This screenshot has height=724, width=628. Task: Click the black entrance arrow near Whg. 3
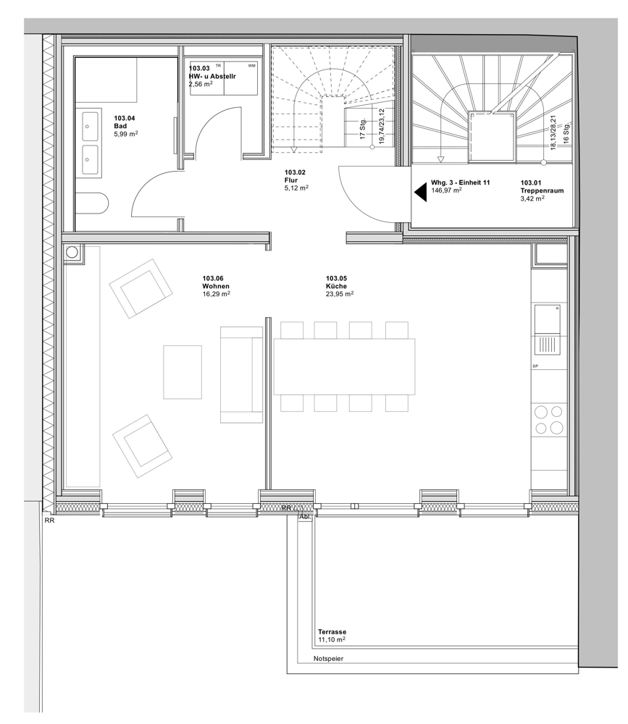(x=421, y=192)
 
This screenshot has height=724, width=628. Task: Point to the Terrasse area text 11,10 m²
(x=332, y=639)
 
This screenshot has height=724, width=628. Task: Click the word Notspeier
(x=329, y=658)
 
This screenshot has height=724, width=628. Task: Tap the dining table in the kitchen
(x=344, y=366)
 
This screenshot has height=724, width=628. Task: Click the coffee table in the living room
(x=183, y=372)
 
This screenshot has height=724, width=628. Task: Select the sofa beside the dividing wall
(x=242, y=374)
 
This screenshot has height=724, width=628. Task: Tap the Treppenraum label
(x=542, y=190)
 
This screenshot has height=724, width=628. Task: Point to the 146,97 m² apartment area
(x=446, y=190)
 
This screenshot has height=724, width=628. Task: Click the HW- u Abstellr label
(x=212, y=76)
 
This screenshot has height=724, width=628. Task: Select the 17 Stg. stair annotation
(x=363, y=129)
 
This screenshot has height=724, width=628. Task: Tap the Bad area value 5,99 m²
(x=126, y=134)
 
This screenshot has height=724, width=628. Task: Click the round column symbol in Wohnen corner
(x=72, y=252)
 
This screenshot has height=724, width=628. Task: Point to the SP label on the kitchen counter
(x=535, y=366)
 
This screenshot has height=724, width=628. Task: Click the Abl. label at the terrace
(x=306, y=517)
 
